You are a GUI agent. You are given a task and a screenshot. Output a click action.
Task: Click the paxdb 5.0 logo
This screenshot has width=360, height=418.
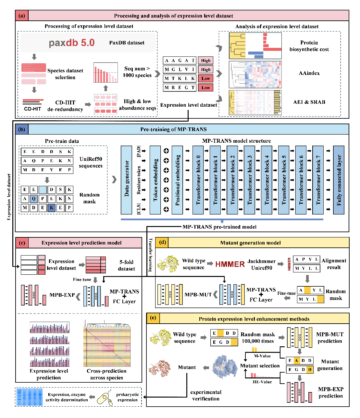tap(71, 43)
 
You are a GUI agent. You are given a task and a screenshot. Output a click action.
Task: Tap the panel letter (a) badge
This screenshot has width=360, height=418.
tap(22, 16)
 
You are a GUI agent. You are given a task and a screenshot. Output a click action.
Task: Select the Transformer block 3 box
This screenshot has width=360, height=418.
tap(249, 180)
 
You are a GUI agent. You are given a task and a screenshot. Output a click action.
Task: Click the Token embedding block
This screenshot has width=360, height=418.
tap(155, 180)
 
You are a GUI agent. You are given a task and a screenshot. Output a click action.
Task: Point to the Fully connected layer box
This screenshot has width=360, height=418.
tap(339, 180)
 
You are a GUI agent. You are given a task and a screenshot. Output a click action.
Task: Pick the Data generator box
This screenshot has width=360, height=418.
tap(126, 180)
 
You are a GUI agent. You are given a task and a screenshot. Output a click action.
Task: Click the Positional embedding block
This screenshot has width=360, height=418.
tap(177, 180)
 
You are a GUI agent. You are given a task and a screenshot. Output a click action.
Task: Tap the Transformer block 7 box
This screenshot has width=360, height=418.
tap(318, 180)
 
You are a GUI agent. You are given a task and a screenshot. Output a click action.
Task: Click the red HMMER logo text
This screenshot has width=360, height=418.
tap(230, 264)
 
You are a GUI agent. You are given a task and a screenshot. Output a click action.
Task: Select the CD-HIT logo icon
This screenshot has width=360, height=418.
tap(33, 105)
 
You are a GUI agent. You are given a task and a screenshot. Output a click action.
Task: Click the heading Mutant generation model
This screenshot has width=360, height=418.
tap(250, 243)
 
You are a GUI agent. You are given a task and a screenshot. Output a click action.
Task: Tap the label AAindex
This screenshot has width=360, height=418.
tap(309, 73)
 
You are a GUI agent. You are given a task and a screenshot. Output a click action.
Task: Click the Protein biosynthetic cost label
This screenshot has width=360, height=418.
tap(309, 46)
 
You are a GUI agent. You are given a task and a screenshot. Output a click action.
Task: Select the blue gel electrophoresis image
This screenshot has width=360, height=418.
tap(30, 397)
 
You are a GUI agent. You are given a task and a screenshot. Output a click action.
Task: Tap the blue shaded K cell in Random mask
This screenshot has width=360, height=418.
tap(51, 208)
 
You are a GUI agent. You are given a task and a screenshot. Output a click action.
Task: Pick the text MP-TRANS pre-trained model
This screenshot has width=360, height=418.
tap(219, 227)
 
